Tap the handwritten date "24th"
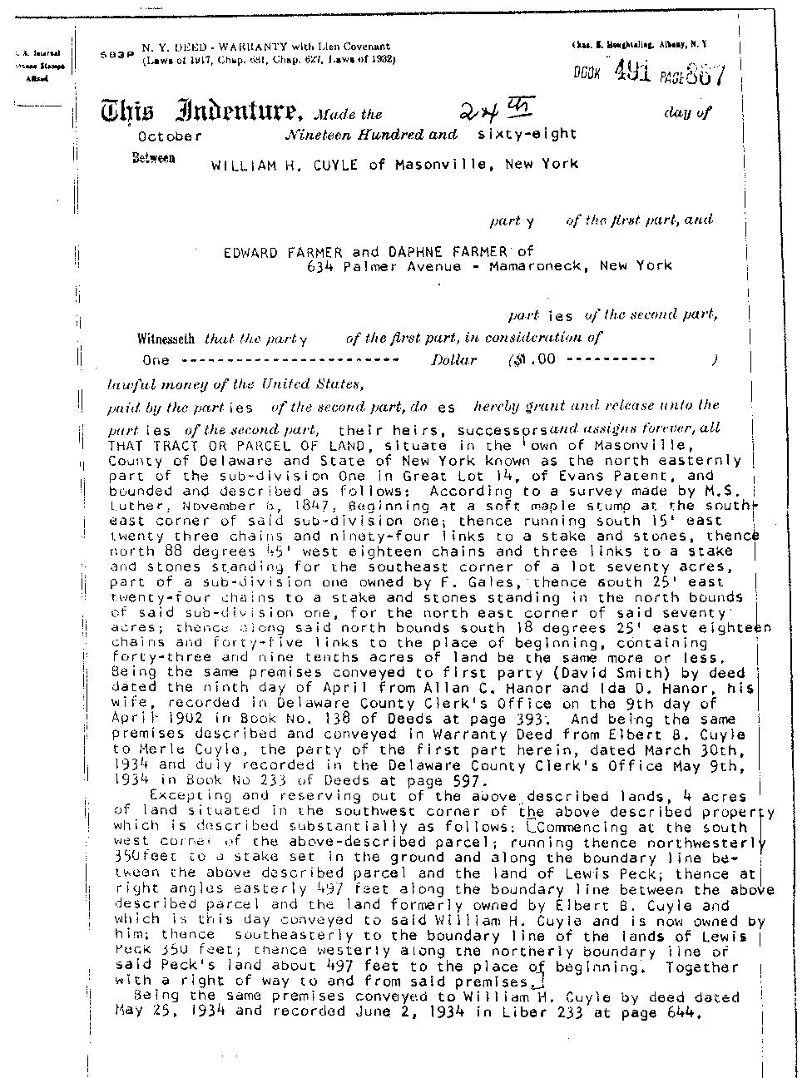[498, 110]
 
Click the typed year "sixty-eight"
[527, 133]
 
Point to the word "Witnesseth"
[166, 339]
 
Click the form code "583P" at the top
[116, 54]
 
